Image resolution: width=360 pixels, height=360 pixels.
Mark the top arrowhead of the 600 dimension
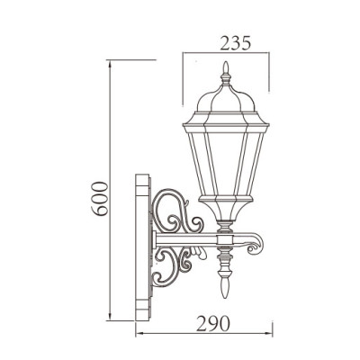[x=110, y=63]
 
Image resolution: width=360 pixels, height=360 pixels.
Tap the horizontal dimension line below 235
[x=224, y=55]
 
